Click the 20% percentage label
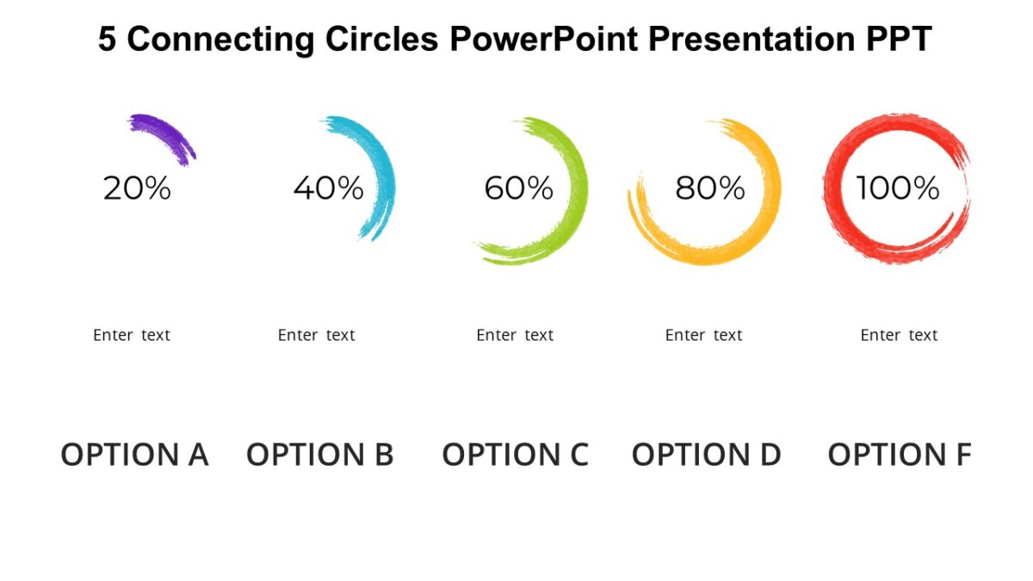tap(137, 188)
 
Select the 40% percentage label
tap(328, 188)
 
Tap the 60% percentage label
tap(518, 188)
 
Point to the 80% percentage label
tap(709, 188)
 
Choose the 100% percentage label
tap(897, 188)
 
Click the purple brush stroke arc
tap(164, 134)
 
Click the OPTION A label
tap(134, 454)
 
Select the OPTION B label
tap(319, 454)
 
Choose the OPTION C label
tap(515, 454)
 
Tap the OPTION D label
tap(706, 454)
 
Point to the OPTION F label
tap(899, 454)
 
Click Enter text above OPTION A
tap(132, 335)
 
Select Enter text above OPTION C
tap(515, 335)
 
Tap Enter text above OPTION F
tap(899, 335)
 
